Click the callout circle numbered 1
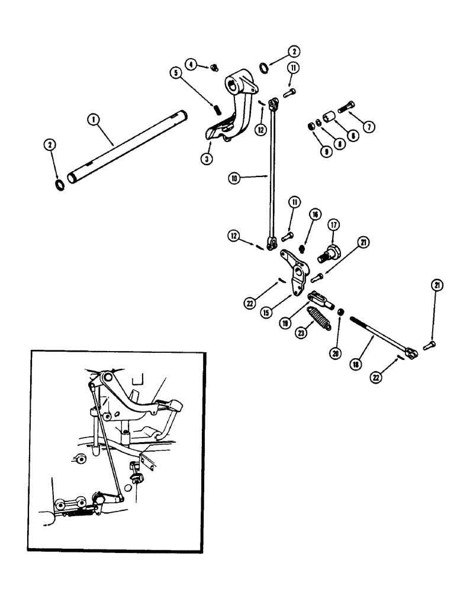point(92,119)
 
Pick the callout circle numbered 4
point(192,63)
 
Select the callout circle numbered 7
point(369,126)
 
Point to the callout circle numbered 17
point(334,225)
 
